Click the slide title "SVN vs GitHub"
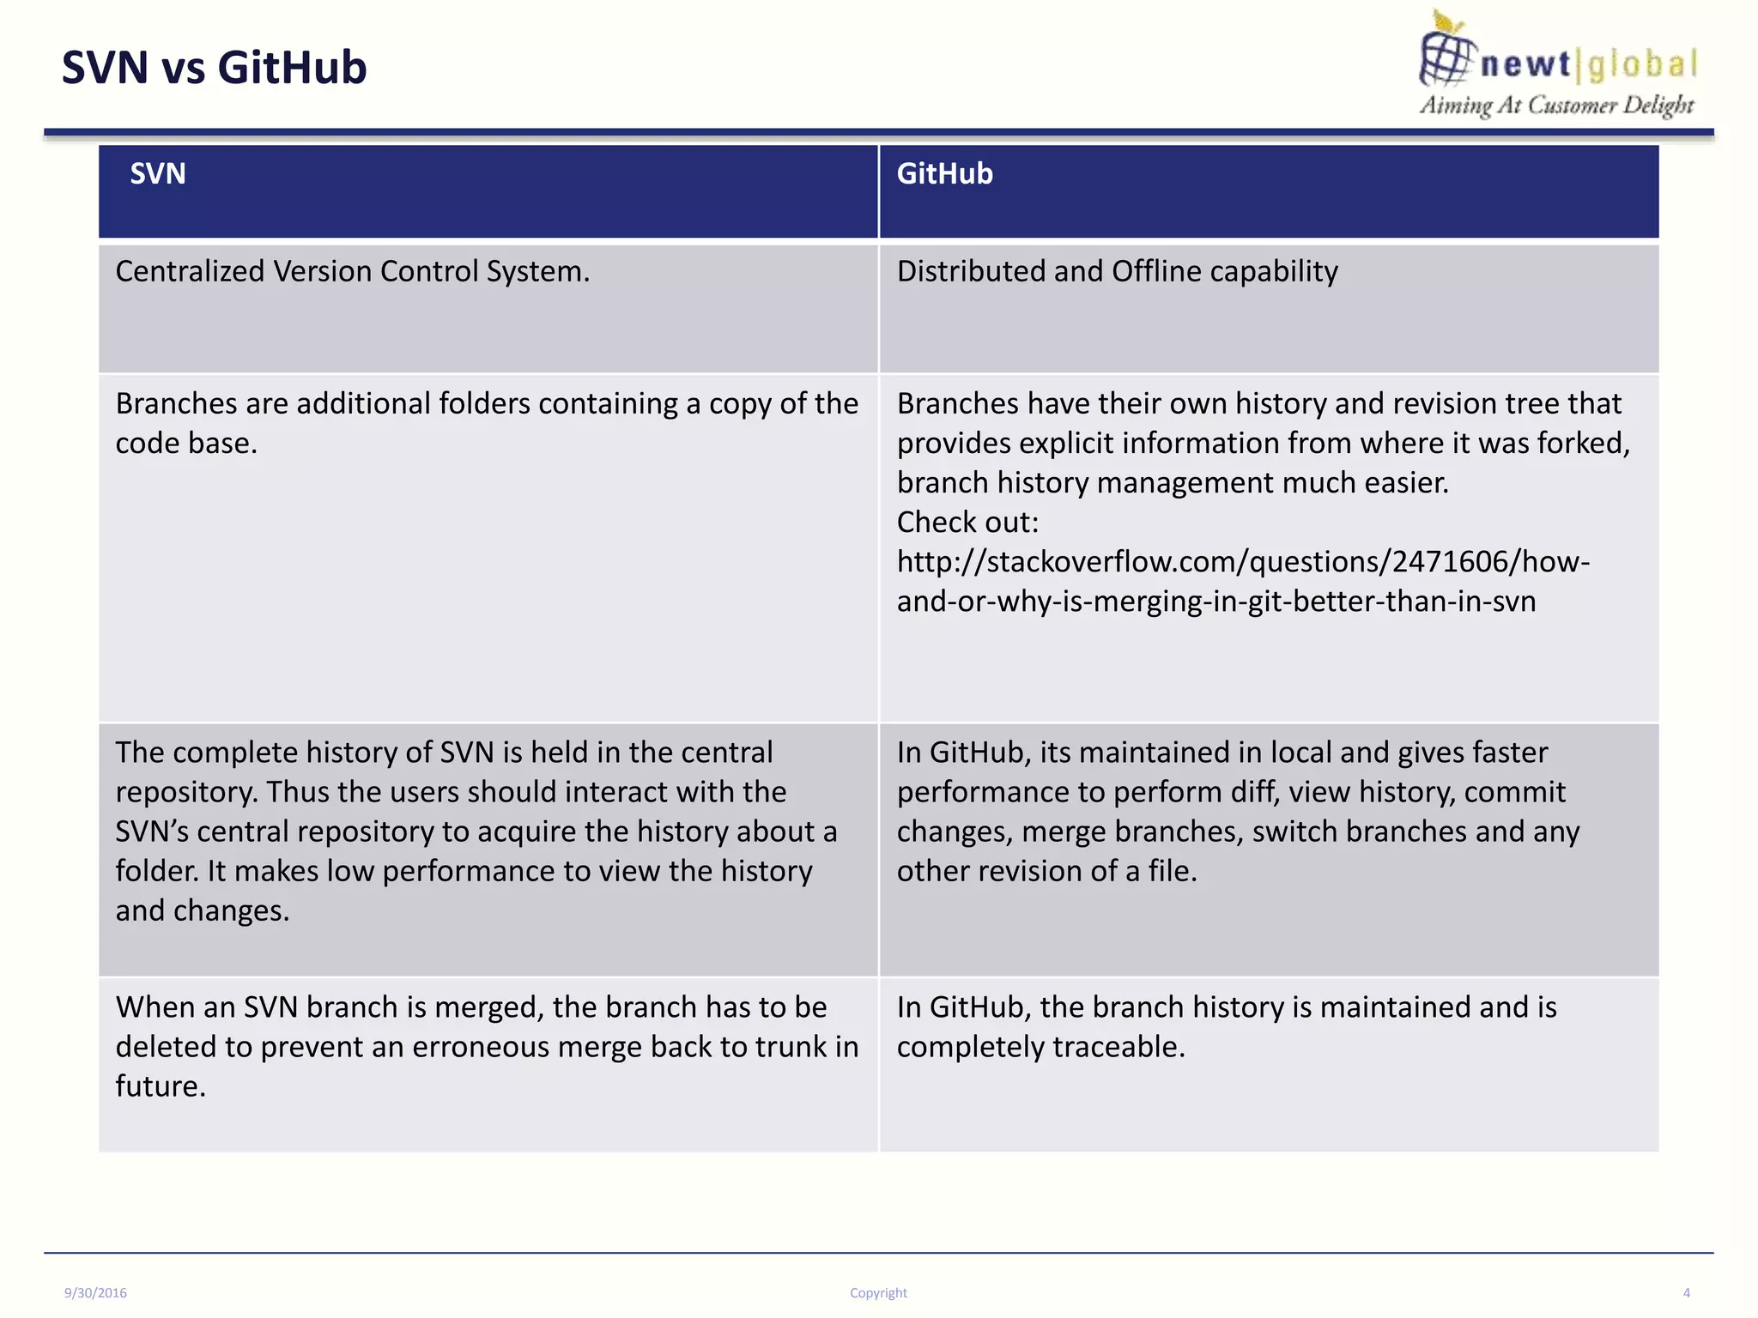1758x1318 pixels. [214, 68]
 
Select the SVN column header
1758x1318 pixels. [158, 174]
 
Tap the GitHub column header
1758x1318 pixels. [944, 174]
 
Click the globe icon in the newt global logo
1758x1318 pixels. [1446, 54]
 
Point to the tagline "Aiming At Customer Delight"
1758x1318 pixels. [1556, 106]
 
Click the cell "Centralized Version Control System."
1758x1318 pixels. [352, 271]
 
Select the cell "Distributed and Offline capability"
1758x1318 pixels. [1117, 271]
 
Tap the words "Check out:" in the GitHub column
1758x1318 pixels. [967, 522]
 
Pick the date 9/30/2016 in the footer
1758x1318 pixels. [95, 1293]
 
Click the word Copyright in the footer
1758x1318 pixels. [878, 1293]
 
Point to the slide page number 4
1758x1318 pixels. [1686, 1293]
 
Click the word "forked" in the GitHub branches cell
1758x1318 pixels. [1582, 444]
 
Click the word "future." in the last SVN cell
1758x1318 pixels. [161, 1086]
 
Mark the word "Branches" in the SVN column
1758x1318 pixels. [176, 403]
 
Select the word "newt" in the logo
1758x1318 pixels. [1525, 65]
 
